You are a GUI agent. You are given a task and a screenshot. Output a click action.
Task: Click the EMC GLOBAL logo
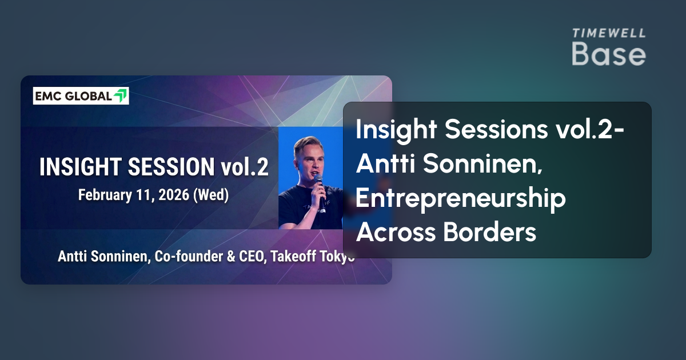[x=81, y=96]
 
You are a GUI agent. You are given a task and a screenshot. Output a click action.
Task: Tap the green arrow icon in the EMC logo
[x=120, y=96]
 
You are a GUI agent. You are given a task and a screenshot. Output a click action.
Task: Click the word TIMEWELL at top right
[x=609, y=33]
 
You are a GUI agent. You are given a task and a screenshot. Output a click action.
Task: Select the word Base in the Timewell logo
[x=609, y=54]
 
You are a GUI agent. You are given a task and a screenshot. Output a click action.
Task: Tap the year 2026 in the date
[x=175, y=195]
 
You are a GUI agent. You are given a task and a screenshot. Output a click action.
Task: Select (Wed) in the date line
[x=211, y=195]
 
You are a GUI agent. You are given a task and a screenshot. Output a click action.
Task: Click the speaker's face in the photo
[x=309, y=157]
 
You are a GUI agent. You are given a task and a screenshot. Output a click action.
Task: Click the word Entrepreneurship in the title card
[x=461, y=199]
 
